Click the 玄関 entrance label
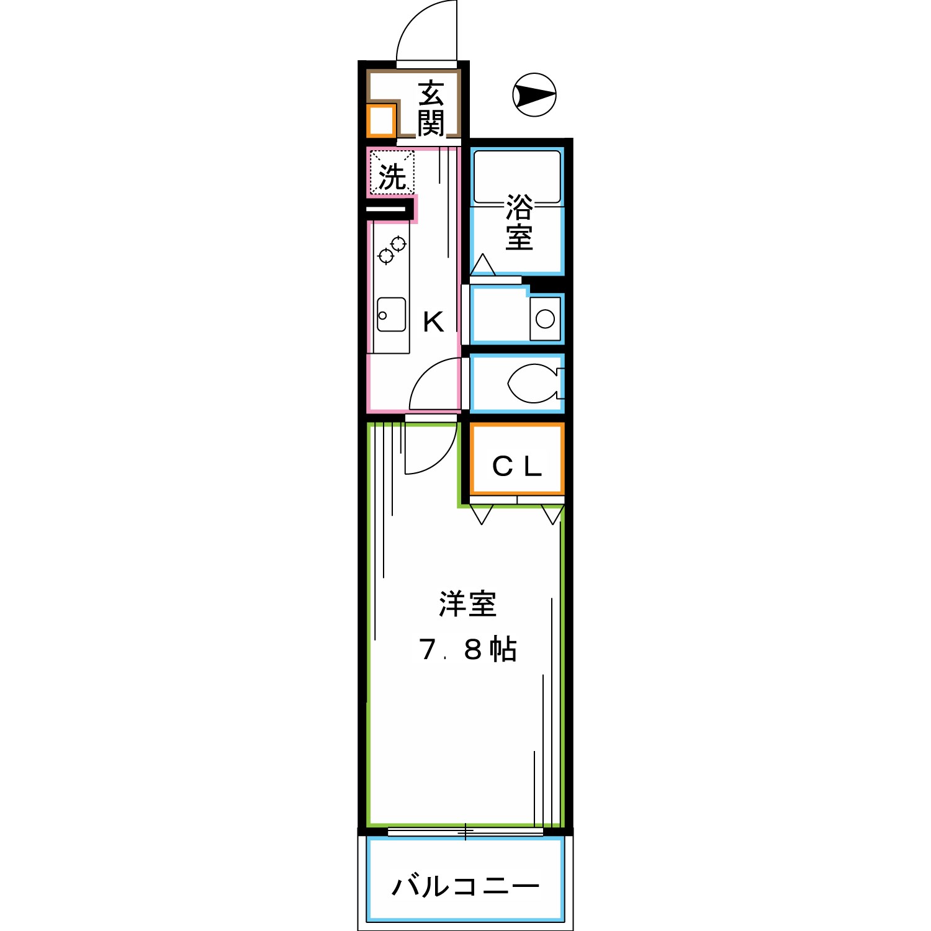pyautogui.click(x=430, y=108)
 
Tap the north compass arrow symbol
pyautogui.click(x=534, y=96)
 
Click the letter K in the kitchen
pyautogui.click(x=433, y=322)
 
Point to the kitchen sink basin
pyautogui.click(x=391, y=314)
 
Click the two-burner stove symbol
pyautogui.click(x=392, y=250)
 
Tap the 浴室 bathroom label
pyautogui.click(x=518, y=222)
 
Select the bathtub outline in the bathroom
pyautogui.click(x=517, y=178)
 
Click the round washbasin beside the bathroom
pyautogui.click(x=545, y=319)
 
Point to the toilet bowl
pyautogui.click(x=531, y=384)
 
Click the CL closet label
pyautogui.click(x=517, y=467)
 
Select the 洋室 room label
pyautogui.click(x=467, y=605)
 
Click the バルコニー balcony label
pyautogui.click(x=465, y=886)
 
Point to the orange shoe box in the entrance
pyautogui.click(x=380, y=121)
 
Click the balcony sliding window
pyautogui.click(x=465, y=831)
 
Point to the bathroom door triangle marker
pyautogui.click(x=482, y=266)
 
